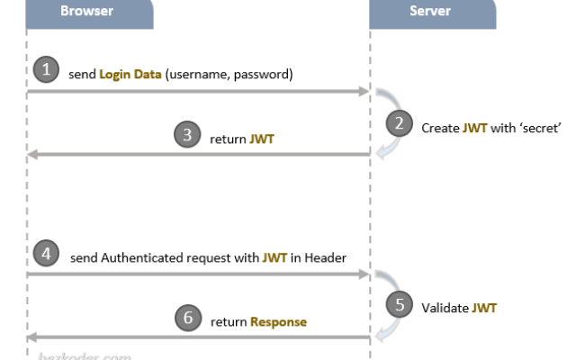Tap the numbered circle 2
pyautogui.click(x=399, y=123)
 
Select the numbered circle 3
pyautogui.click(x=186, y=135)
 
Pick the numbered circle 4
pyautogui.click(x=46, y=253)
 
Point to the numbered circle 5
pyautogui.click(x=399, y=303)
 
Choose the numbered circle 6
pyautogui.click(x=186, y=318)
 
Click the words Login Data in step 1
pyautogui.click(x=131, y=75)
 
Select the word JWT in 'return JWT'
pyautogui.click(x=264, y=139)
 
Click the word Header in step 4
pyautogui.click(x=325, y=257)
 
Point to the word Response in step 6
pyautogui.click(x=278, y=321)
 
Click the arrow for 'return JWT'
pyautogui.click(x=198, y=155)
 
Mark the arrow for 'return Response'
pyautogui.click(x=198, y=337)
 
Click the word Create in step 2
pyautogui.click(x=440, y=128)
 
